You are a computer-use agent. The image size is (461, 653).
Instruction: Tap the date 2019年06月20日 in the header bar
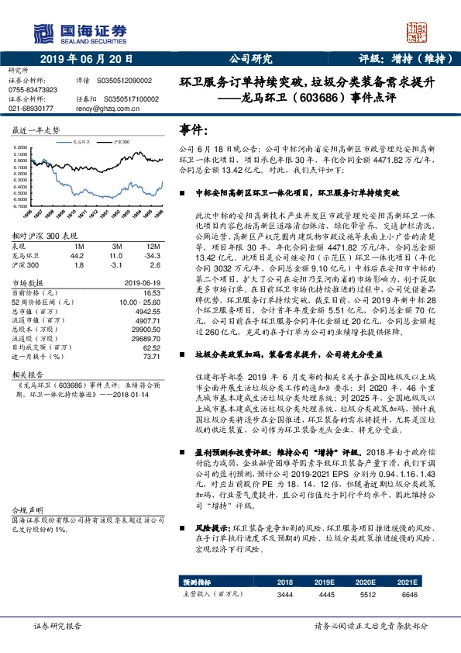[85, 57]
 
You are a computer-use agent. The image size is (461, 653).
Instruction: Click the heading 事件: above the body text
[194, 128]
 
